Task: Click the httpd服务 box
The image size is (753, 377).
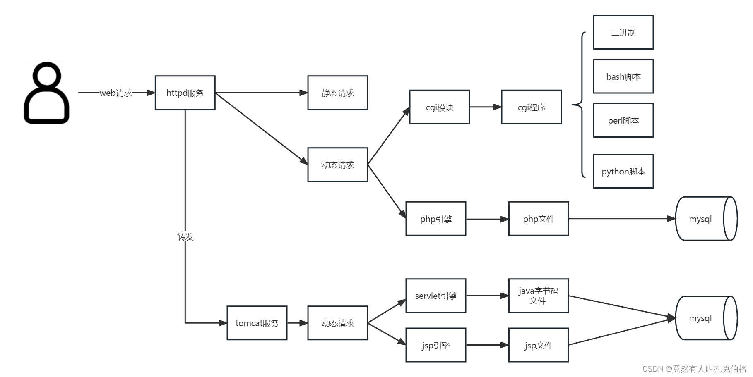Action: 185,93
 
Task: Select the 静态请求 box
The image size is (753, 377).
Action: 337,93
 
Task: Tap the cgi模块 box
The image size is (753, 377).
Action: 439,107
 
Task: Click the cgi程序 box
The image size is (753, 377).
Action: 531,107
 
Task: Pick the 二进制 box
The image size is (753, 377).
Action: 623,32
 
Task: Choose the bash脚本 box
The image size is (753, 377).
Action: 623,76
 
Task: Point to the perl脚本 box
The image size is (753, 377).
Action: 623,120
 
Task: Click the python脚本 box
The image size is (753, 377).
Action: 623,171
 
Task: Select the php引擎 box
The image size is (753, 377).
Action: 435,219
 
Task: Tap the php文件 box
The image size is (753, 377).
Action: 538,219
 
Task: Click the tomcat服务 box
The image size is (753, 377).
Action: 257,323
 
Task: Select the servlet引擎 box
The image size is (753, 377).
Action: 435,296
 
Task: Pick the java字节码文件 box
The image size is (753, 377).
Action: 538,296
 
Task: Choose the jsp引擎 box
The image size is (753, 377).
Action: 435,345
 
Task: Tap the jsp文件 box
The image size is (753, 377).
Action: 538,345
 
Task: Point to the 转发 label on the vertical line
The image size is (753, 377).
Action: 185,236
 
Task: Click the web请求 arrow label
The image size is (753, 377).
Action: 116,93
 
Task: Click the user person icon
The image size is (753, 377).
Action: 46,93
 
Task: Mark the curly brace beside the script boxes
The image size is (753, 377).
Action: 580,105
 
